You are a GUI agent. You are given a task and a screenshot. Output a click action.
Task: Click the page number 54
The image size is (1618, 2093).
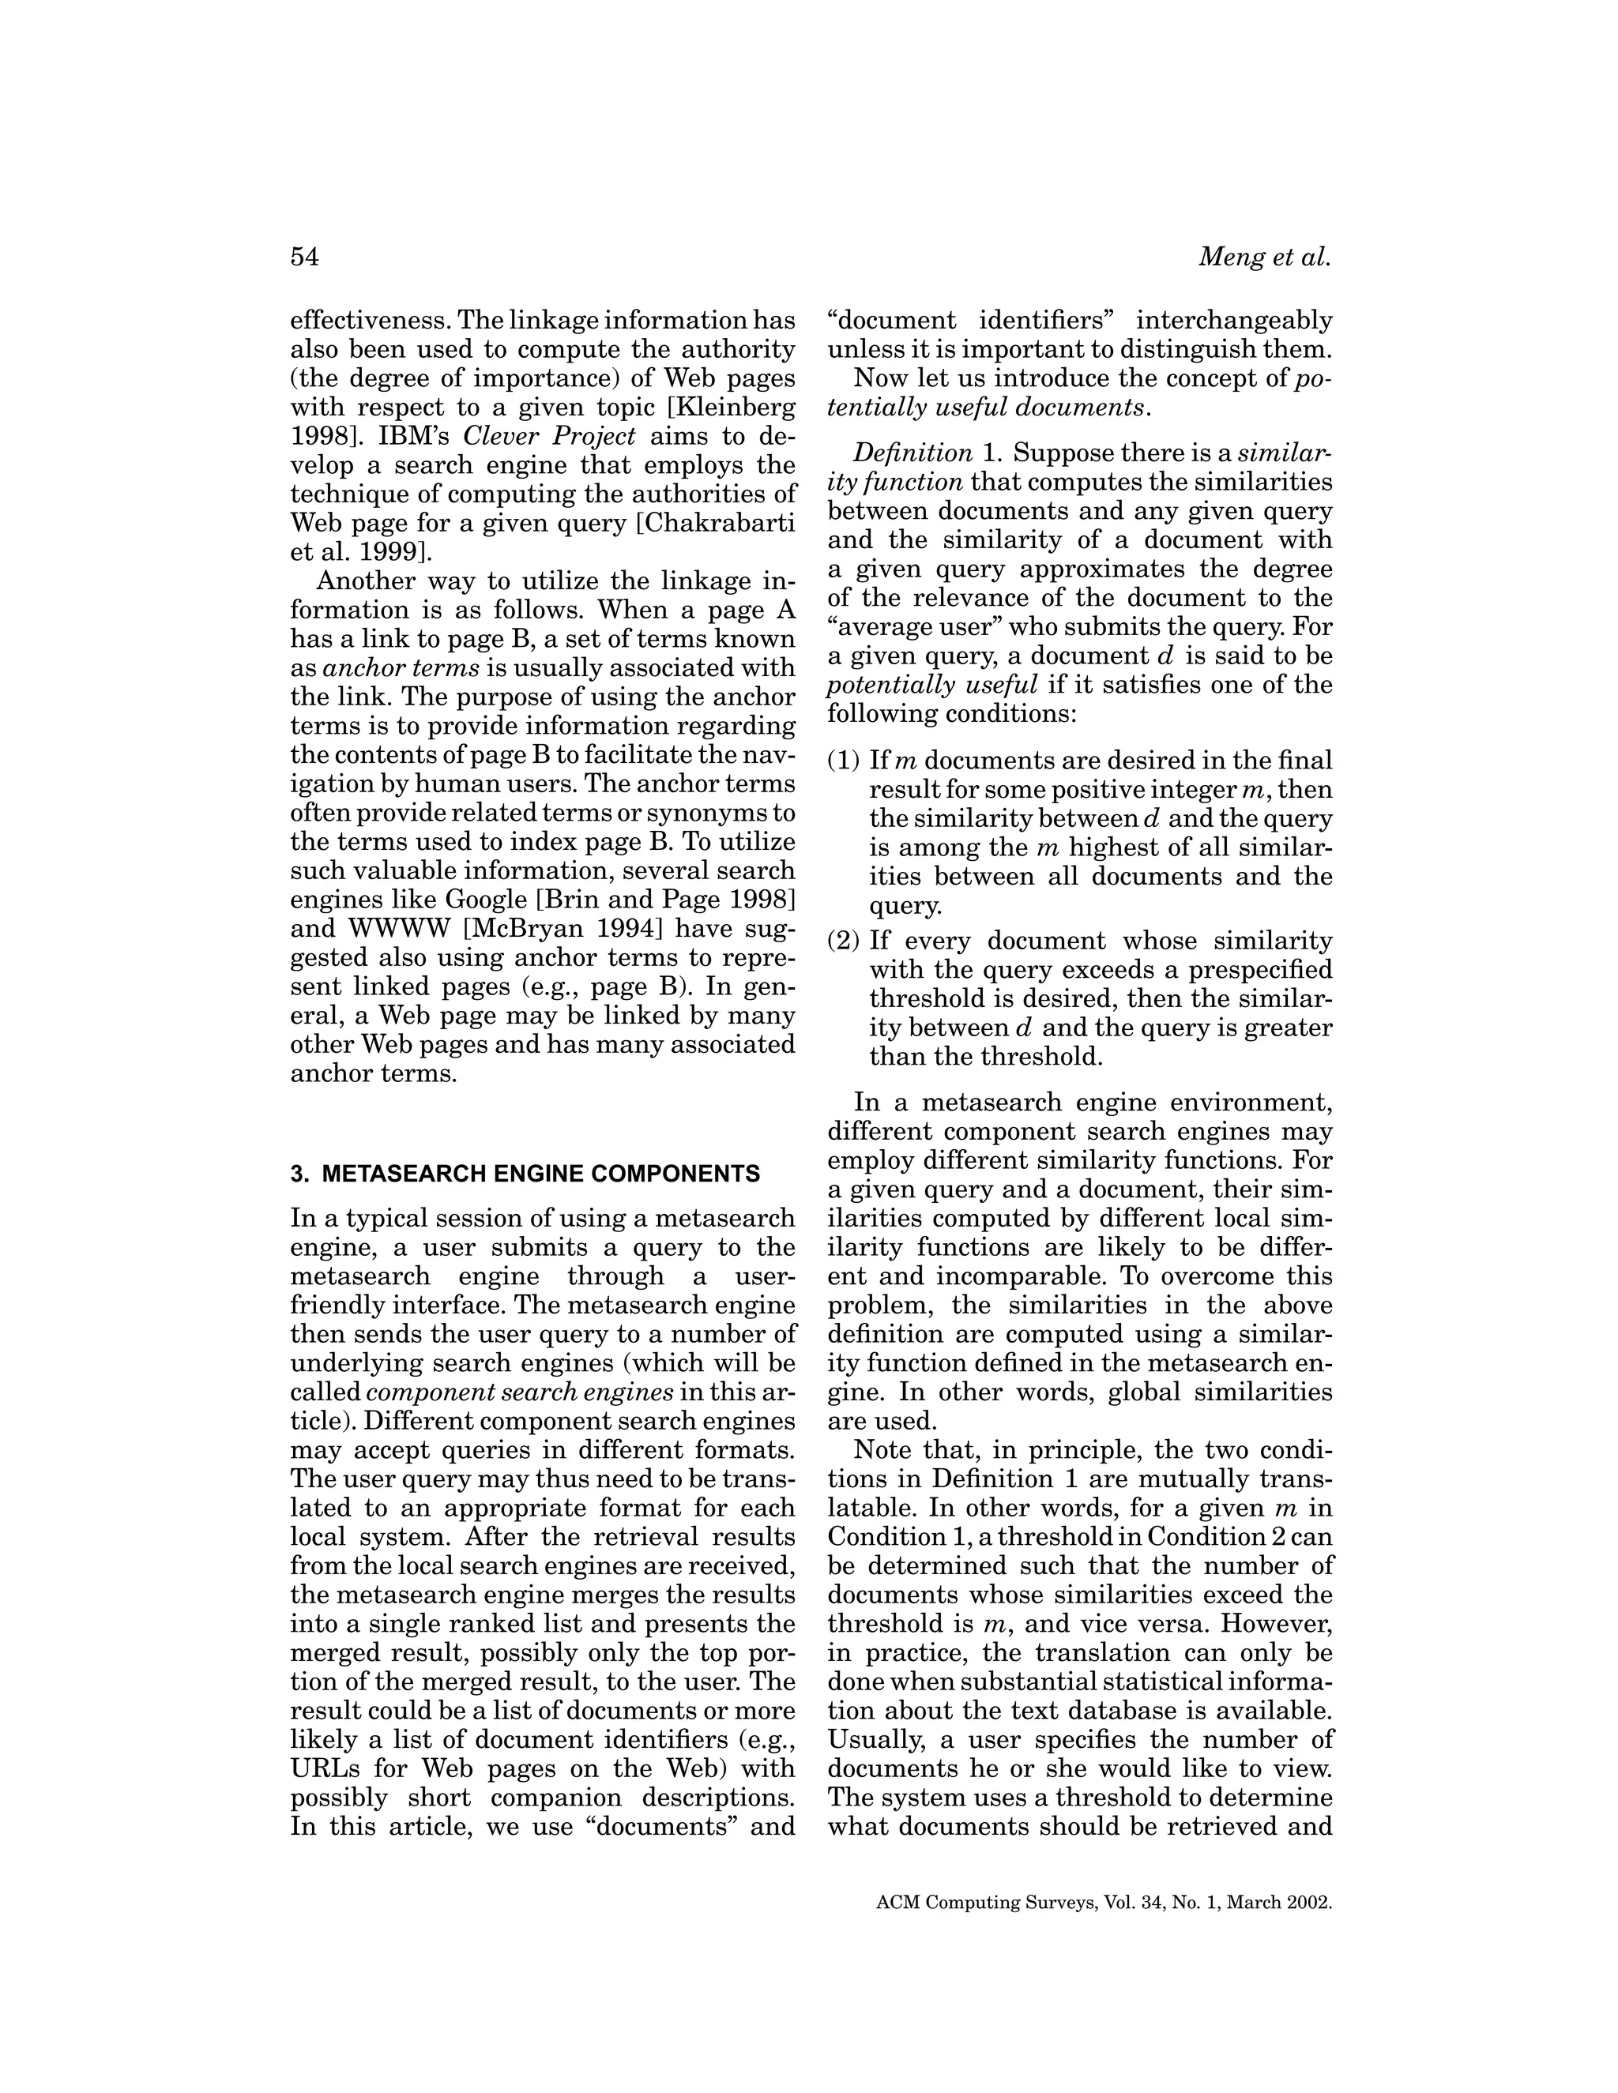click(x=304, y=257)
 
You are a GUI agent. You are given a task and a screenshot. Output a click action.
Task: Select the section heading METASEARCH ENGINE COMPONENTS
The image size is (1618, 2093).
click(x=540, y=1174)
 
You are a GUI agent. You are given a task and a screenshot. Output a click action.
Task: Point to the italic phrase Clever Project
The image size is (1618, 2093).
click(x=549, y=437)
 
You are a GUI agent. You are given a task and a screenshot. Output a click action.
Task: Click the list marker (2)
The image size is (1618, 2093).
click(x=845, y=941)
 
